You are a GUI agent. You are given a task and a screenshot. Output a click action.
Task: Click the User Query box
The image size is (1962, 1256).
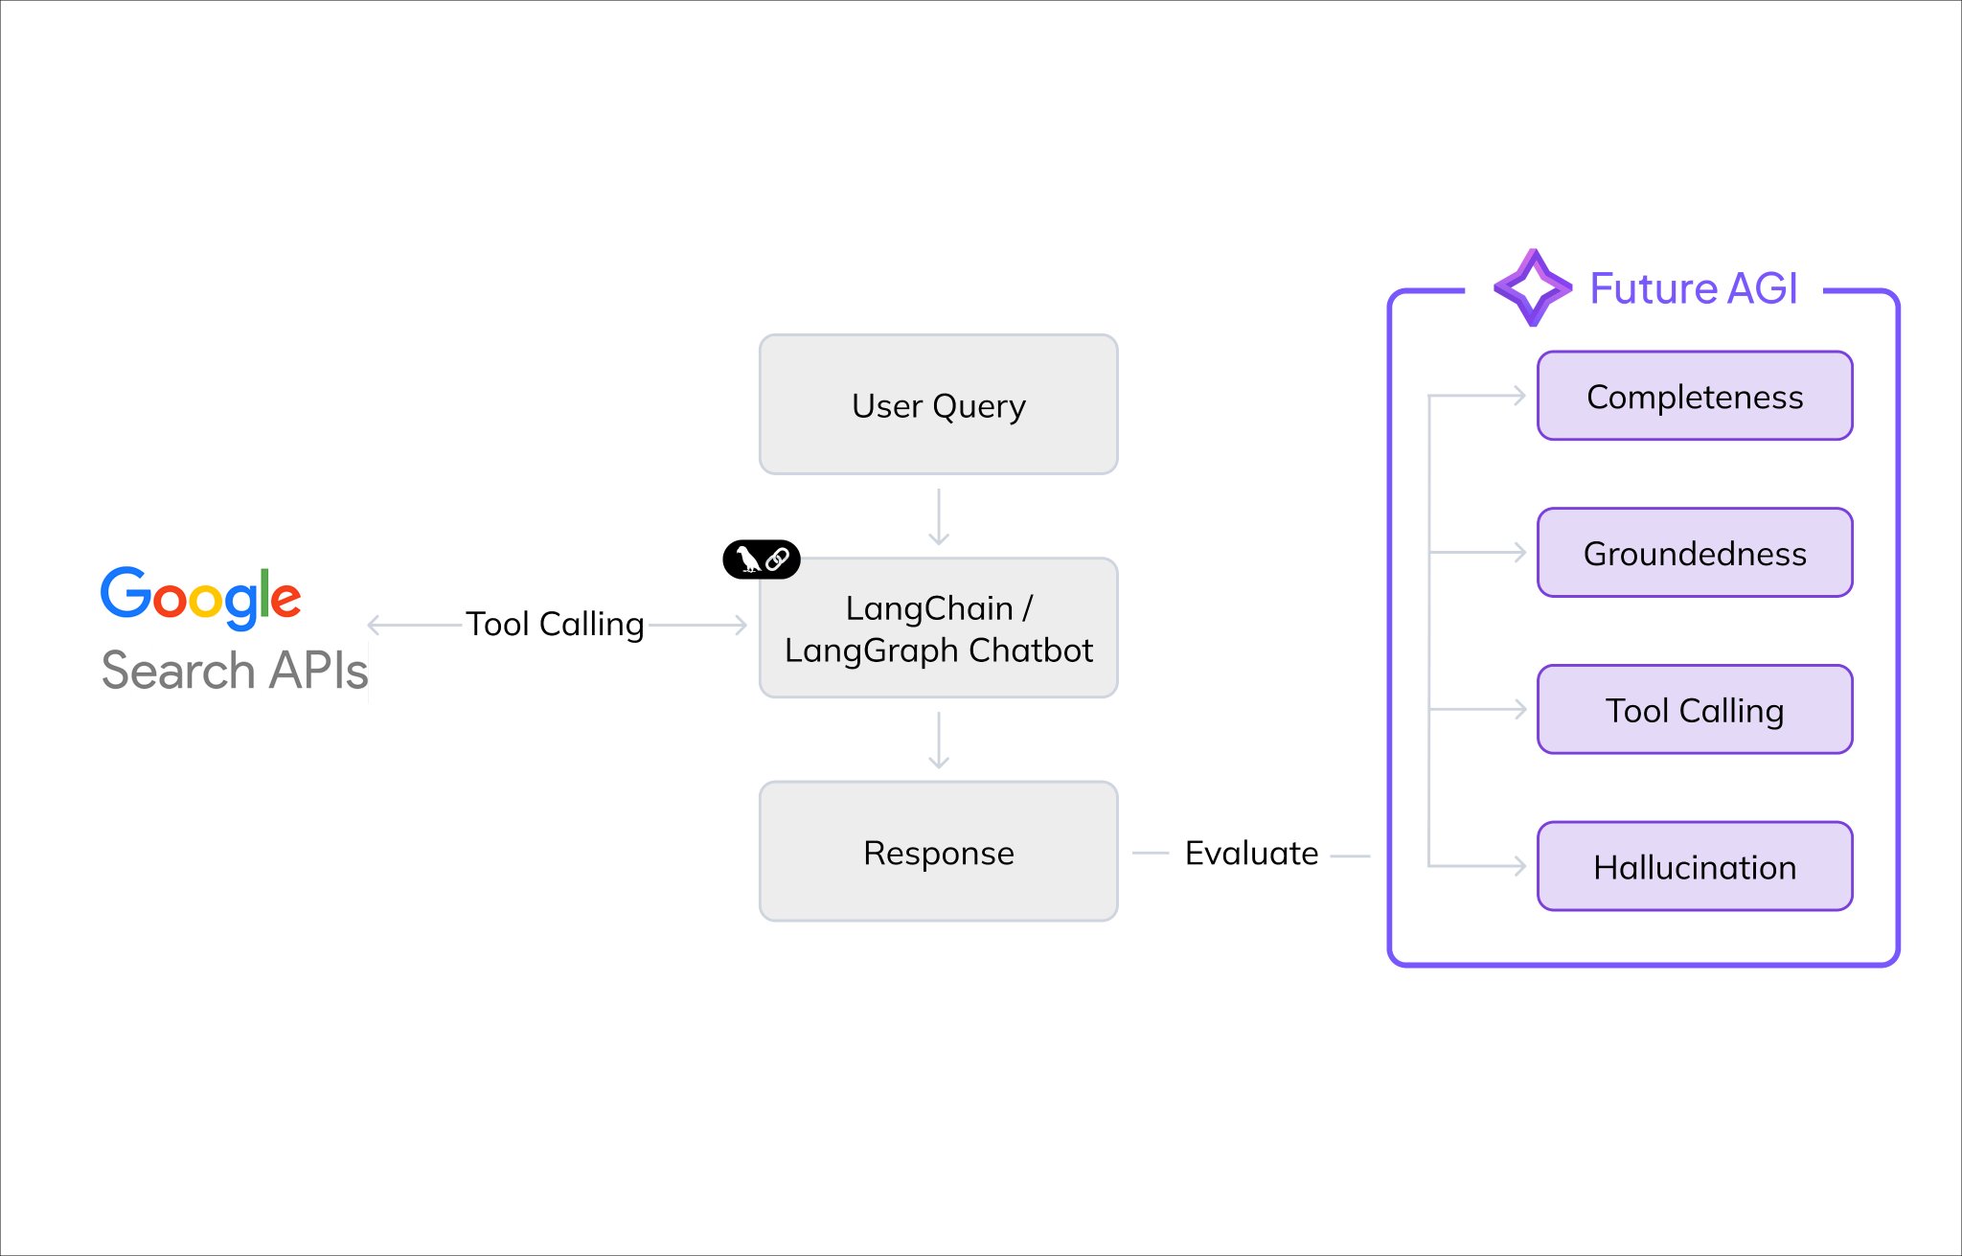coord(938,404)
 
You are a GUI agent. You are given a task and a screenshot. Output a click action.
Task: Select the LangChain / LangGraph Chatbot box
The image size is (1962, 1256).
coord(938,628)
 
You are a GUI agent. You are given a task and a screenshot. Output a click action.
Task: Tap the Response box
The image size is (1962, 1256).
coord(938,852)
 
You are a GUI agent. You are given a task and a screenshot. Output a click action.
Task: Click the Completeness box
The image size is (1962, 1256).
coord(1695,396)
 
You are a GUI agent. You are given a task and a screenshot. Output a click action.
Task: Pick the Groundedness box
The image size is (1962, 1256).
coord(1695,553)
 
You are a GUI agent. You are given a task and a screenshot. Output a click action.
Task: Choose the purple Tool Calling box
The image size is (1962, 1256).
coord(1695,710)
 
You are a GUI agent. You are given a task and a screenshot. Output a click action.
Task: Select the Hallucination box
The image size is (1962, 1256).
coord(1695,866)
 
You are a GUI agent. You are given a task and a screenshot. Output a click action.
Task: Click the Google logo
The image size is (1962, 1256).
coord(201,598)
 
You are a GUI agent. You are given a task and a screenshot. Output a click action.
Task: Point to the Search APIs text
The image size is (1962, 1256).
coord(235,670)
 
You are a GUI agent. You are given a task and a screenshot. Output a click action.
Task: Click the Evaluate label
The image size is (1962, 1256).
coord(1251,853)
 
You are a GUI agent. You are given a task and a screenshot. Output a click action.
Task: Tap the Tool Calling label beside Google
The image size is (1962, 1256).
coord(555,625)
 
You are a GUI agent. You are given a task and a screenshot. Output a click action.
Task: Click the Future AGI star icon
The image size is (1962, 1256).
coord(1533,287)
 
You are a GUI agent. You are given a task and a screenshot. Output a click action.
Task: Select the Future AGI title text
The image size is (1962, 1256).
coord(1694,288)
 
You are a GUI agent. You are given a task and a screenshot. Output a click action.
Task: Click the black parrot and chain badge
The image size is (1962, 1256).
coord(762,559)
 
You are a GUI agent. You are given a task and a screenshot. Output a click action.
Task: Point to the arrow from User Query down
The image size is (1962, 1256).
coord(939,517)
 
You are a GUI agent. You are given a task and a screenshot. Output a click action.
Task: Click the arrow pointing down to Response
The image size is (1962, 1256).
coord(939,741)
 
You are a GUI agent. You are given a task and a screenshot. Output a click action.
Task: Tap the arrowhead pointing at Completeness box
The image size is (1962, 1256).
coord(1519,396)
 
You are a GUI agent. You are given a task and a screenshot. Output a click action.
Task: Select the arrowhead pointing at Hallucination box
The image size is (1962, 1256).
coord(1519,866)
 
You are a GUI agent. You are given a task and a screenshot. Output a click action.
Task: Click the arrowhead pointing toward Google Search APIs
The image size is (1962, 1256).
coord(375,625)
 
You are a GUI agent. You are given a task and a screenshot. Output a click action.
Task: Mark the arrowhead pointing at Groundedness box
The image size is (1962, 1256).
coord(1519,553)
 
